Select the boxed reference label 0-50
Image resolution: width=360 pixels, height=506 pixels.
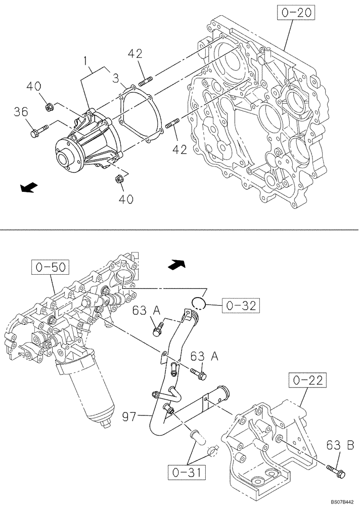click(x=49, y=266)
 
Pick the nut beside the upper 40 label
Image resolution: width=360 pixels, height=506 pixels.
click(x=50, y=107)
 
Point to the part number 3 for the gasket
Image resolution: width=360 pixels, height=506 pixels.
click(x=115, y=78)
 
